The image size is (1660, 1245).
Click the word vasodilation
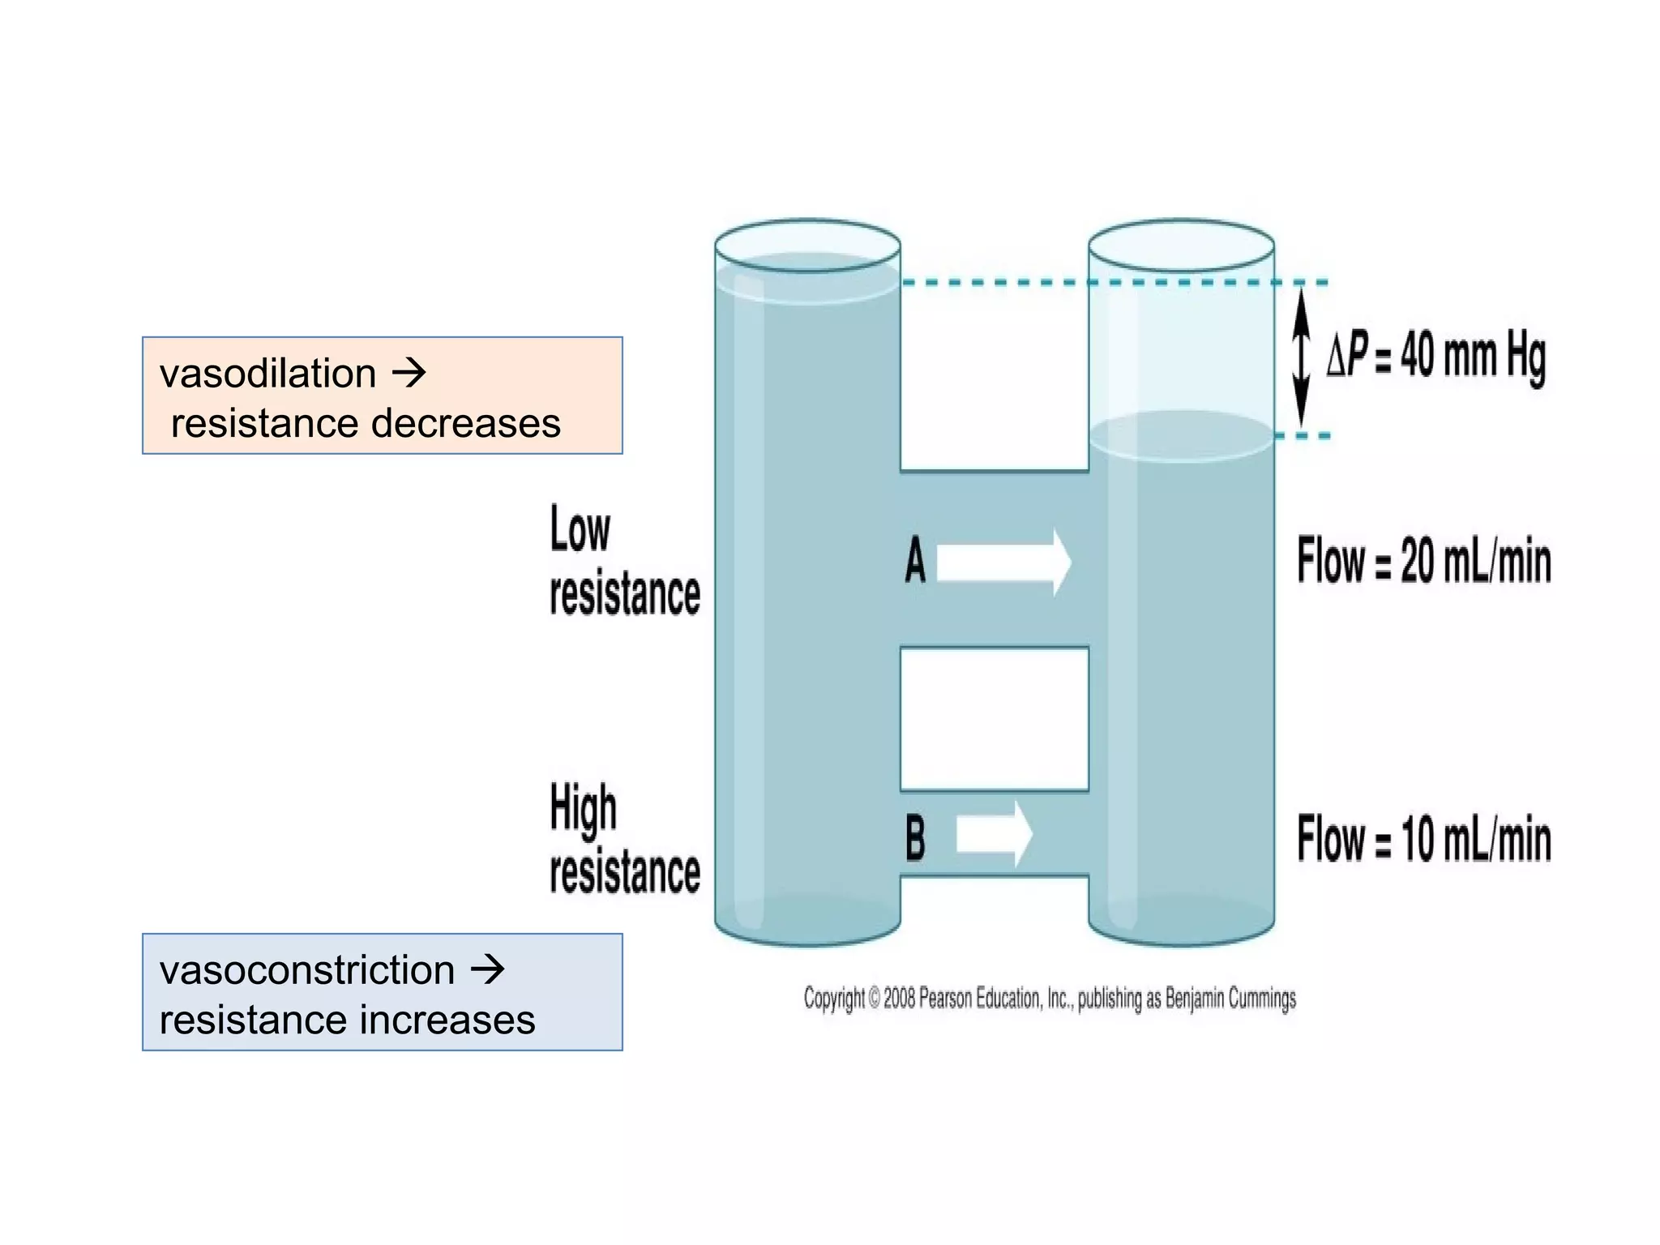[267, 374]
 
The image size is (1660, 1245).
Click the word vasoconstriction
[306, 970]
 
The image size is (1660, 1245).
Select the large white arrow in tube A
[1003, 562]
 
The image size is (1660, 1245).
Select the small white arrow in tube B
[994, 834]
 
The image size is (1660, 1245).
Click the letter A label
[915, 560]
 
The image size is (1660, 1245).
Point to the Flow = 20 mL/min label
[1423, 560]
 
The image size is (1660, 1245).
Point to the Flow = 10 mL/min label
[1423, 839]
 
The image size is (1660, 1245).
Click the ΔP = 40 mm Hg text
[1435, 356]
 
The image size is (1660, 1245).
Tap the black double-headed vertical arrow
[1301, 357]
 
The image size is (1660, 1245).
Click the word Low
[580, 529]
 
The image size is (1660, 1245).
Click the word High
[583, 808]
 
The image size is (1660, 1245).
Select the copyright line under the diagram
[1050, 998]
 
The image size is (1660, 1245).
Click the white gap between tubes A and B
[995, 719]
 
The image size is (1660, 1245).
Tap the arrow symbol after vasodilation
[409, 373]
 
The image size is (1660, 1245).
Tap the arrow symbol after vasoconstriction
[488, 969]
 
